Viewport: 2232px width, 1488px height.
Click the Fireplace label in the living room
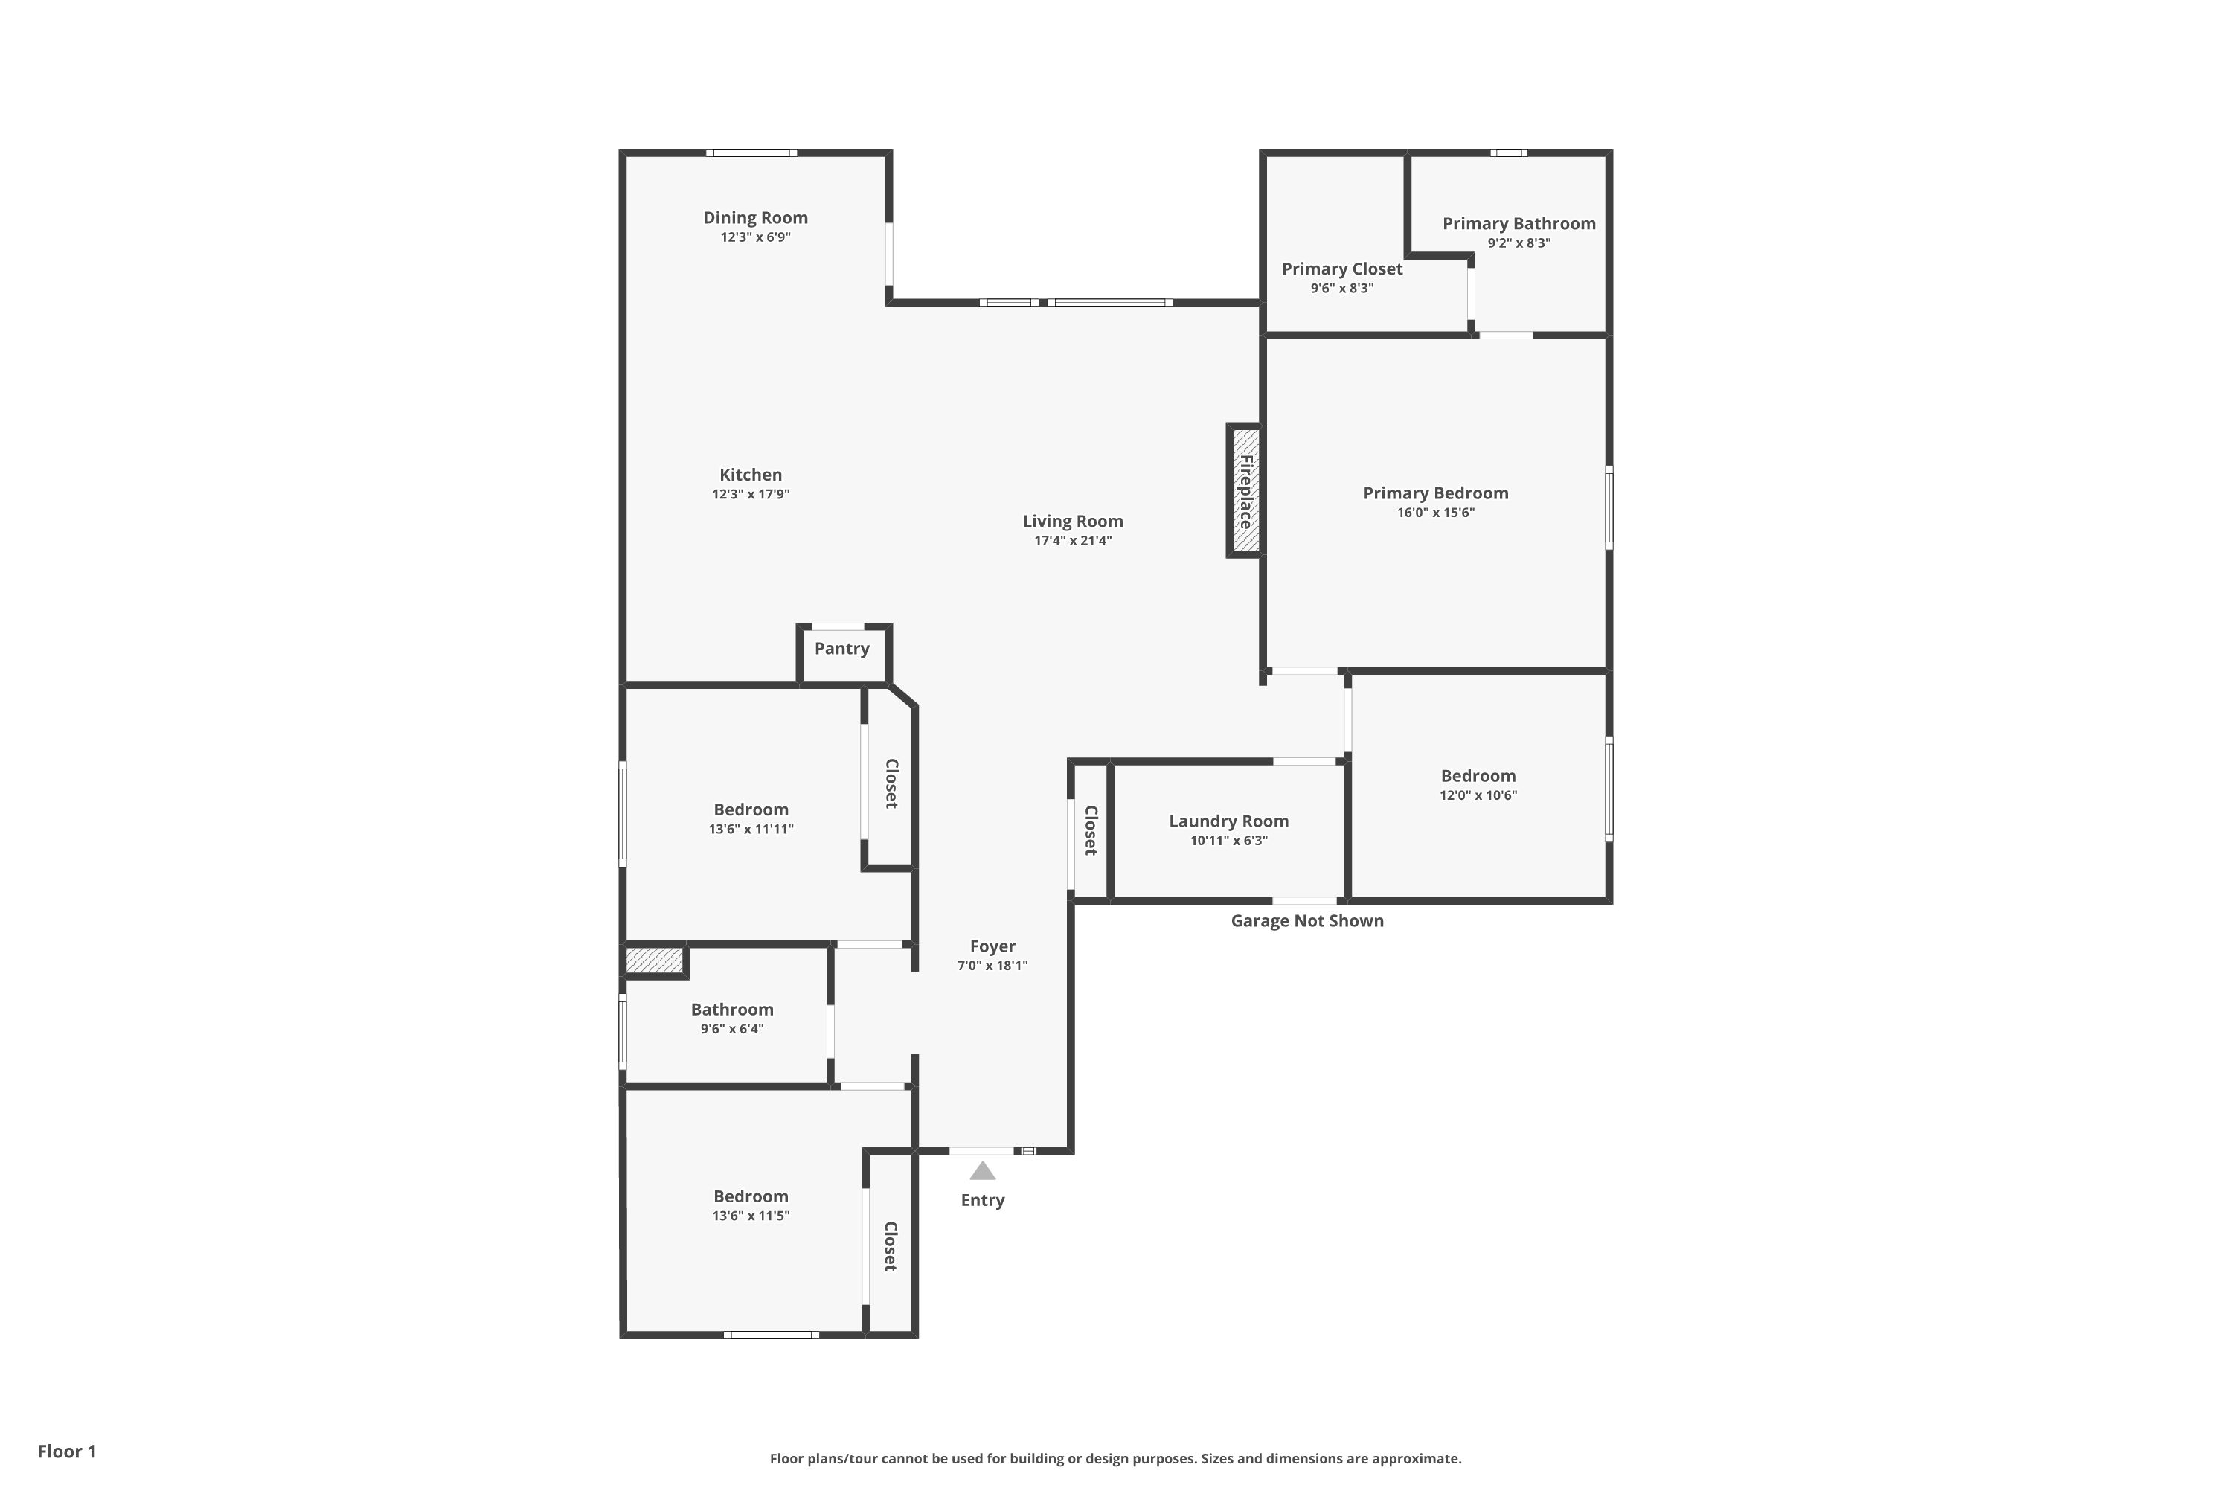[x=1245, y=492]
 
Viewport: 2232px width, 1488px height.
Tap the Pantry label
[x=841, y=649]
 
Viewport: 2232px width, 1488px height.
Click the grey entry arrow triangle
[x=982, y=1171]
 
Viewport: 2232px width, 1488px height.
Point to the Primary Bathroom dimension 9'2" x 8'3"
[x=1519, y=243]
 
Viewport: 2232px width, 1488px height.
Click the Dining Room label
[x=754, y=217]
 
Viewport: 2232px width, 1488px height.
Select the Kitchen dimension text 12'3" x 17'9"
[x=751, y=495]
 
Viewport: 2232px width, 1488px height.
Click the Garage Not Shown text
[x=1306, y=920]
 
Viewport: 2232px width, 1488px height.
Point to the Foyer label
[x=992, y=946]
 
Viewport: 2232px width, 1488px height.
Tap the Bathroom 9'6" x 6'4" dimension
[x=731, y=1029]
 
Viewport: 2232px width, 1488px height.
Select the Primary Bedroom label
[x=1435, y=493]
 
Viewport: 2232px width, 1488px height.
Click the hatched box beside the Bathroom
[x=655, y=961]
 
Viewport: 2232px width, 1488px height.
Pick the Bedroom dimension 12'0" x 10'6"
[x=1478, y=795]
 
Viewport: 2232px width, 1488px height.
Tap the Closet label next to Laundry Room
[x=1091, y=830]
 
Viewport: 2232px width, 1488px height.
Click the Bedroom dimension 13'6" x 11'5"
[x=751, y=1216]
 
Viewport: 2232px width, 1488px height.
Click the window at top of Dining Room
[x=751, y=153]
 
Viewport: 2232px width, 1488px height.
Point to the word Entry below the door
[x=982, y=1201]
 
